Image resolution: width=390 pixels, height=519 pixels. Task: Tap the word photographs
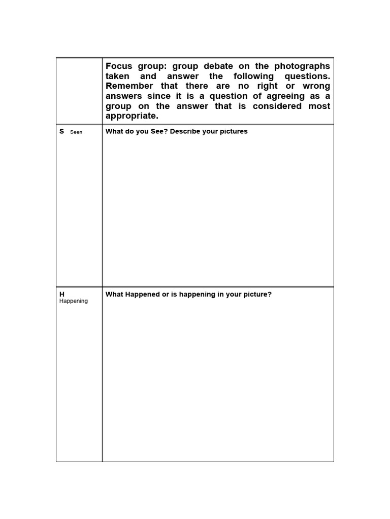pyautogui.click(x=302, y=66)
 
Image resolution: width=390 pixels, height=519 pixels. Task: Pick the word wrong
pyautogui.click(x=316, y=86)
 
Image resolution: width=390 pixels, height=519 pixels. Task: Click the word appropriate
pyautogui.click(x=132, y=116)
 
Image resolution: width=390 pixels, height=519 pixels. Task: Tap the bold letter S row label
pyautogui.click(x=62, y=131)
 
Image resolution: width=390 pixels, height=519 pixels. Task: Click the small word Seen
pyautogui.click(x=76, y=132)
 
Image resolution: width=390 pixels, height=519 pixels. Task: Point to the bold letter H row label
pyautogui.click(x=62, y=294)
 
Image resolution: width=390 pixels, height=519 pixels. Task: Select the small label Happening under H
pyautogui.click(x=74, y=301)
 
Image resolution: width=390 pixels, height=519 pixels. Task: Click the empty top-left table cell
pyautogui.click(x=79, y=91)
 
